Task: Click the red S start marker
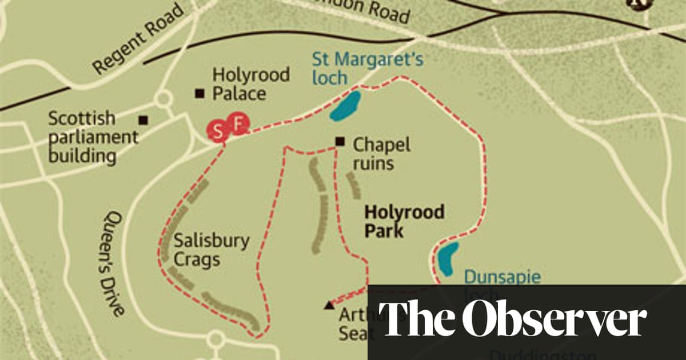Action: [217, 132]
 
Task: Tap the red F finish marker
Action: [238, 123]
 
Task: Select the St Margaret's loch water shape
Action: [345, 106]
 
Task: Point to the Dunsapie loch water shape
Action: [448, 258]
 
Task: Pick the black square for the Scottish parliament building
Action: [143, 120]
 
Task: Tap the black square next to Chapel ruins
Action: [340, 142]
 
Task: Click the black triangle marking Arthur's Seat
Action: [329, 306]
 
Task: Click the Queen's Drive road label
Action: [114, 263]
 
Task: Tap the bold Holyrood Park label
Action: [404, 221]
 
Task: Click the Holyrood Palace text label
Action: [250, 83]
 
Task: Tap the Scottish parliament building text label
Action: [93, 137]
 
